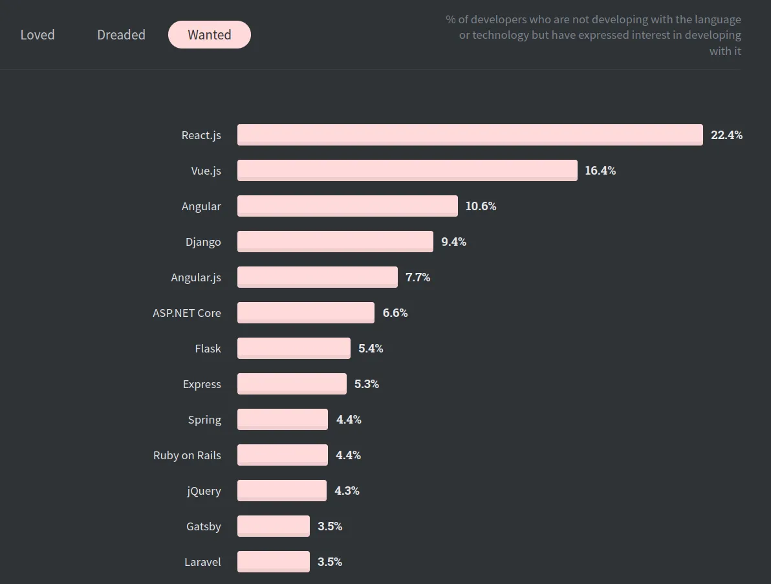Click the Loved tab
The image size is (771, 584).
[38, 35]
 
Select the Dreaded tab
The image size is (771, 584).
[121, 35]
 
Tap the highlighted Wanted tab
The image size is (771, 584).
[209, 35]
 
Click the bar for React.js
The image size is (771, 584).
[470, 135]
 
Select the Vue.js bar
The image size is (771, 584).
[407, 171]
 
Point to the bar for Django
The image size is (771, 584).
[335, 242]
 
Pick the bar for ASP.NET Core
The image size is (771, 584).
[305, 313]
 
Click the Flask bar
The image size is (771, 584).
[294, 349]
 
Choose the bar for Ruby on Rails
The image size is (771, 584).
[282, 455]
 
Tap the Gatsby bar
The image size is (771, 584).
[273, 526]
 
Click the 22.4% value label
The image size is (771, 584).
[726, 135]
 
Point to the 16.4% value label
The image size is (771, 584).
[600, 171]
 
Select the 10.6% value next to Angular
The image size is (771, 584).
[481, 206]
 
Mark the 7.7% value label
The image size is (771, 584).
[418, 277]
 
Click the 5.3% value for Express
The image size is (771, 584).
[367, 384]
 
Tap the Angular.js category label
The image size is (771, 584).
[196, 277]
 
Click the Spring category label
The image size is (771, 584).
[204, 420]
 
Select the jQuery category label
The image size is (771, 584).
[204, 491]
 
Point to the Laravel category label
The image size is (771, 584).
[202, 562]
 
